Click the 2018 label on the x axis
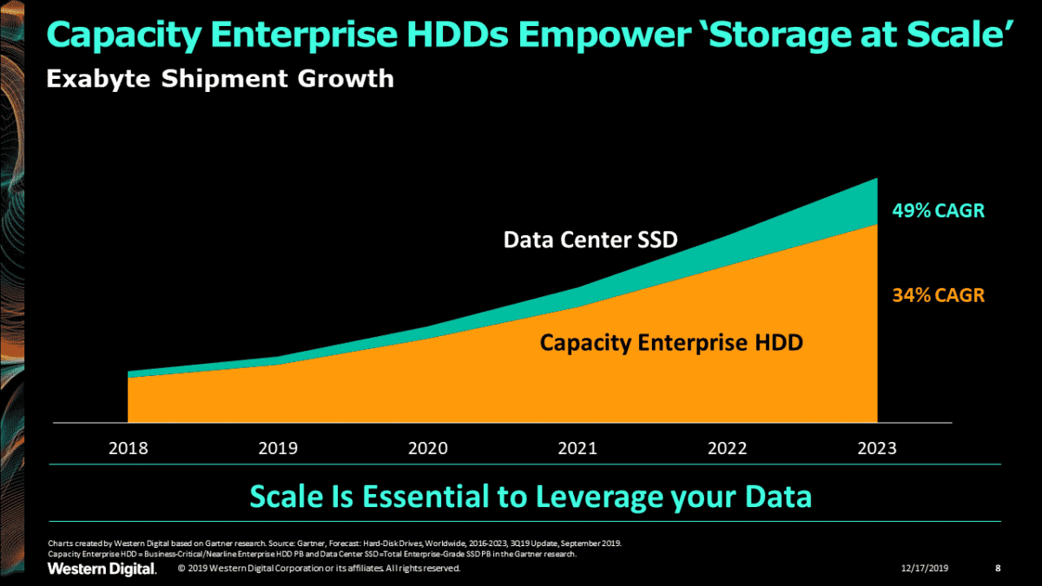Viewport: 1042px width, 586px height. point(128,449)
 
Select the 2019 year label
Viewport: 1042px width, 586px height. point(278,449)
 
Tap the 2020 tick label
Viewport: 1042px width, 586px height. point(428,449)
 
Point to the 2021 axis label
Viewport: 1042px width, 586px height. point(577,449)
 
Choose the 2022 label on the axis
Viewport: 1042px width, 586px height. point(727,449)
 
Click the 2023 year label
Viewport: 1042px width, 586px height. point(876,449)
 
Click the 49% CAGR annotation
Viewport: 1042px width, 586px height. point(938,211)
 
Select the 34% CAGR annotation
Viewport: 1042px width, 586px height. point(938,295)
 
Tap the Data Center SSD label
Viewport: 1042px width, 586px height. point(590,239)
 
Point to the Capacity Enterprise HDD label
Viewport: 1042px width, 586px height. point(671,342)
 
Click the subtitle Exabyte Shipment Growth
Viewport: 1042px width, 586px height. point(220,79)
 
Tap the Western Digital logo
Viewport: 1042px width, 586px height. point(102,569)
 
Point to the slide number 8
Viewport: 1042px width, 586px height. point(997,569)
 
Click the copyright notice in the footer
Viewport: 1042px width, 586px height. point(319,569)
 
